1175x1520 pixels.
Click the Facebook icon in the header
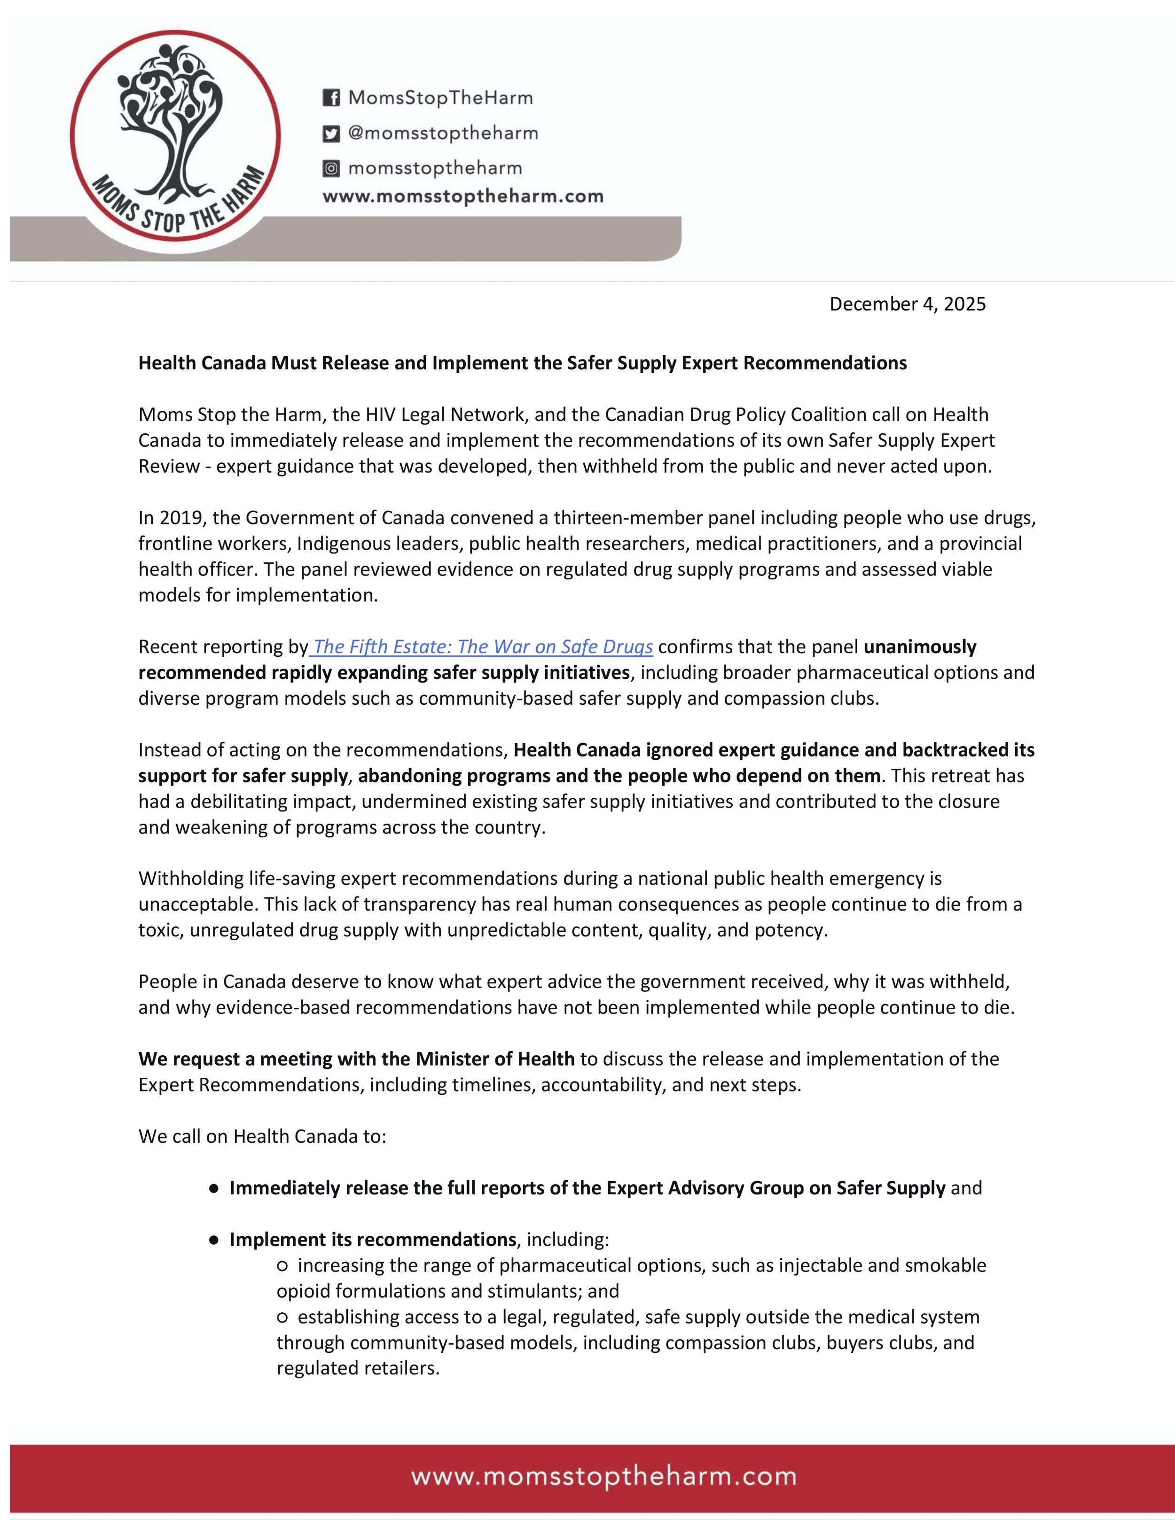pos(331,97)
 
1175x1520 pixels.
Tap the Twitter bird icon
pos(331,133)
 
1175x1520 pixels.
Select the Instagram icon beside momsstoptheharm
pos(331,168)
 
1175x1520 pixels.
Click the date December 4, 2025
pos(907,304)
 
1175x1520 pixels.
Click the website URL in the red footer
pos(603,1476)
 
